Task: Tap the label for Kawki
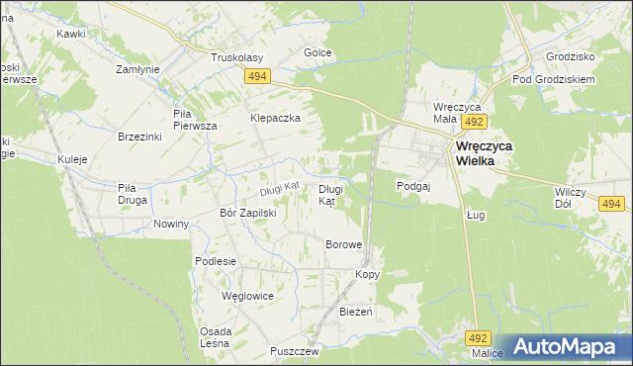[71, 34]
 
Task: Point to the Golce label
[316, 52]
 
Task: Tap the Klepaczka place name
[275, 118]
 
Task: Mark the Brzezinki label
[138, 137]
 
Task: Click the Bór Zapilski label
[247, 212]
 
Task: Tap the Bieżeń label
[355, 312]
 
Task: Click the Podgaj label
[411, 185]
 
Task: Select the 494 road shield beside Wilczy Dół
[612, 204]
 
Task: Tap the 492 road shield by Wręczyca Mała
[474, 121]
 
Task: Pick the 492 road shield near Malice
[480, 337]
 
